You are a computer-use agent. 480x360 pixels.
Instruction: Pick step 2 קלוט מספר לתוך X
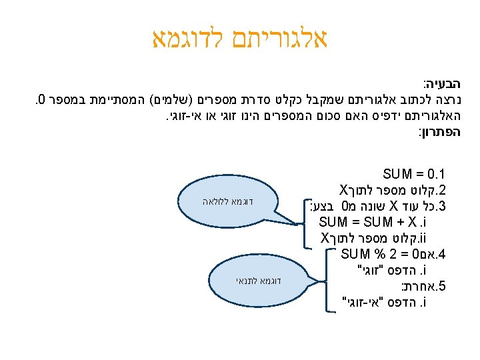(393, 191)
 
